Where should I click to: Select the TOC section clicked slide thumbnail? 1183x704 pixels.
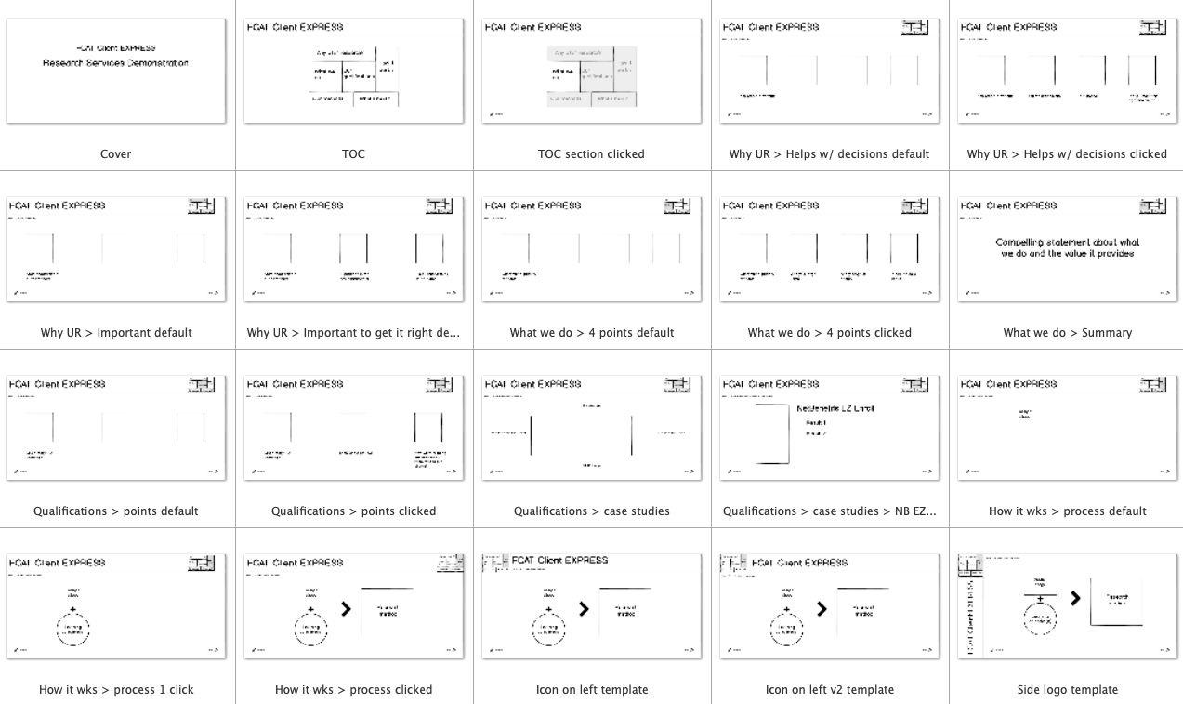[591, 71]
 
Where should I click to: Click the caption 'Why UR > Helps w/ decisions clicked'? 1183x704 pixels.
[1066, 154]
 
